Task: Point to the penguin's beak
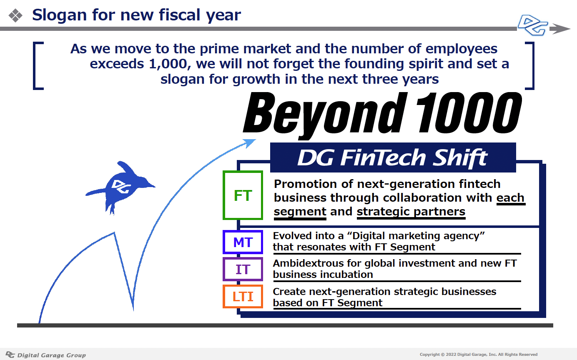152,186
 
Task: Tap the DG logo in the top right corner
533,25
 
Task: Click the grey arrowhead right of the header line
560,29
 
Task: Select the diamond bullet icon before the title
15,15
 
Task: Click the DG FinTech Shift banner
393,157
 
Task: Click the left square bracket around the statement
35,66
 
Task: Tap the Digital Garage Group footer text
51,355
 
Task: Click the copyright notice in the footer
479,355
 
